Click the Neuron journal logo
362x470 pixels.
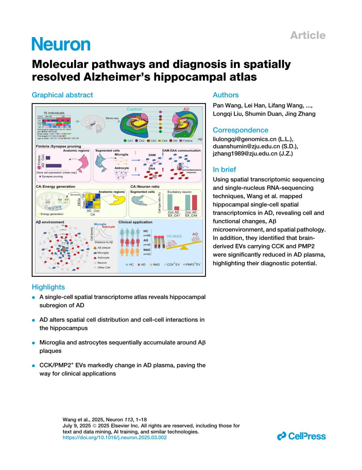pos(61,44)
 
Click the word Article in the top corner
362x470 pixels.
pos(308,35)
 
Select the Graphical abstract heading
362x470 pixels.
pos(62,95)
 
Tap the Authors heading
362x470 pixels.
pos(226,95)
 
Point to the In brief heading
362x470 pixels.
pos(224,169)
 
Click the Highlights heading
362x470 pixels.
pos(48,287)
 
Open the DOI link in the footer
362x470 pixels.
pos(115,437)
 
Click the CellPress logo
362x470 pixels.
pos(301,436)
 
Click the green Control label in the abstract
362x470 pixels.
pos(134,109)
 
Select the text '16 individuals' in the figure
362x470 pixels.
pos(54,113)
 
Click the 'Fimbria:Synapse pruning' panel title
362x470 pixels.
pos(58,146)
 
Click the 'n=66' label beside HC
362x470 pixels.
pos(147,235)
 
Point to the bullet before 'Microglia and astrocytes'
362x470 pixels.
pos(34,343)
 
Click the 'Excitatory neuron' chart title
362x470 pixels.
pos(179,192)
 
